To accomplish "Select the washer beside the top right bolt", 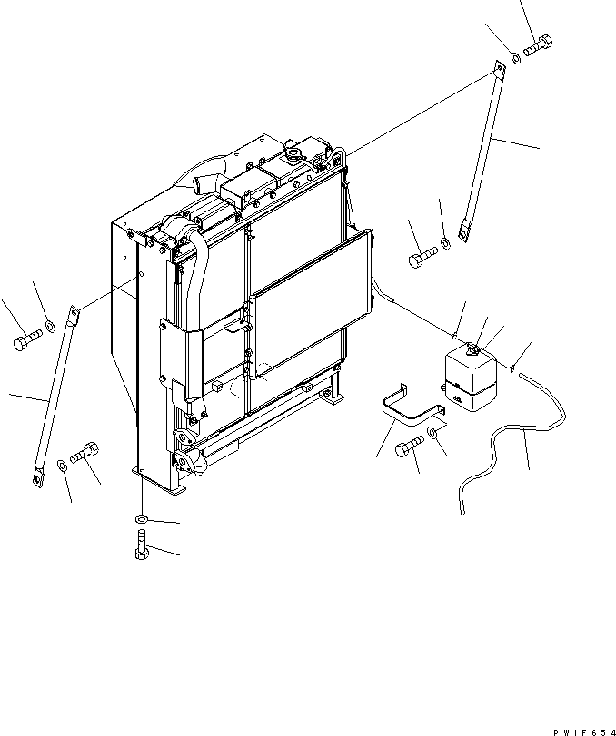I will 515,56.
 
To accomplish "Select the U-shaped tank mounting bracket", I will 411,410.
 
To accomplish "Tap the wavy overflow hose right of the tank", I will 509,442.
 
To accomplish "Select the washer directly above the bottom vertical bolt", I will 140,518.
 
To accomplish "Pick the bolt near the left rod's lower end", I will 84,451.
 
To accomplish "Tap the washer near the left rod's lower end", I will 61,466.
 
